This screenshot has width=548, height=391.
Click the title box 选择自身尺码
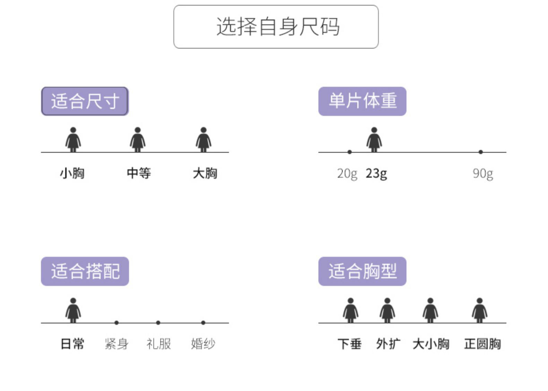(276, 27)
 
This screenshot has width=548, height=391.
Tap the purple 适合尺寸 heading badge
(85, 101)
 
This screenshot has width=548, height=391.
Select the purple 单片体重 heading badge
(362, 101)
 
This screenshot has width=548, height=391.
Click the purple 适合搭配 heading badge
(85, 271)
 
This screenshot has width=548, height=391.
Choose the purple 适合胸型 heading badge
(362, 271)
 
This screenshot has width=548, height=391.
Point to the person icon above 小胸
(73, 139)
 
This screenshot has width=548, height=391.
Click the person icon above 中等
(138, 139)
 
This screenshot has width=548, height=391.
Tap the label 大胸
(205, 173)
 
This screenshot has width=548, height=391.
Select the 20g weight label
(347, 173)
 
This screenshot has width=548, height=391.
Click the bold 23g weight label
(376, 173)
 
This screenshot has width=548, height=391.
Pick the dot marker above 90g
(481, 152)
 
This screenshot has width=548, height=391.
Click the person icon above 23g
(374, 139)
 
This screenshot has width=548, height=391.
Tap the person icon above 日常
(73, 310)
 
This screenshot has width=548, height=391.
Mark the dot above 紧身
(116, 323)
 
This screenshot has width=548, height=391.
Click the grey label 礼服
(158, 344)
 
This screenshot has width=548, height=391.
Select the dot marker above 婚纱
(203, 323)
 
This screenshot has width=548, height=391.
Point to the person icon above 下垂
(350, 310)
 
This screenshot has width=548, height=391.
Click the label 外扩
(388, 344)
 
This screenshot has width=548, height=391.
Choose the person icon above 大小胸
(430, 310)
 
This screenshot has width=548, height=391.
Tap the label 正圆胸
(482, 344)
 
